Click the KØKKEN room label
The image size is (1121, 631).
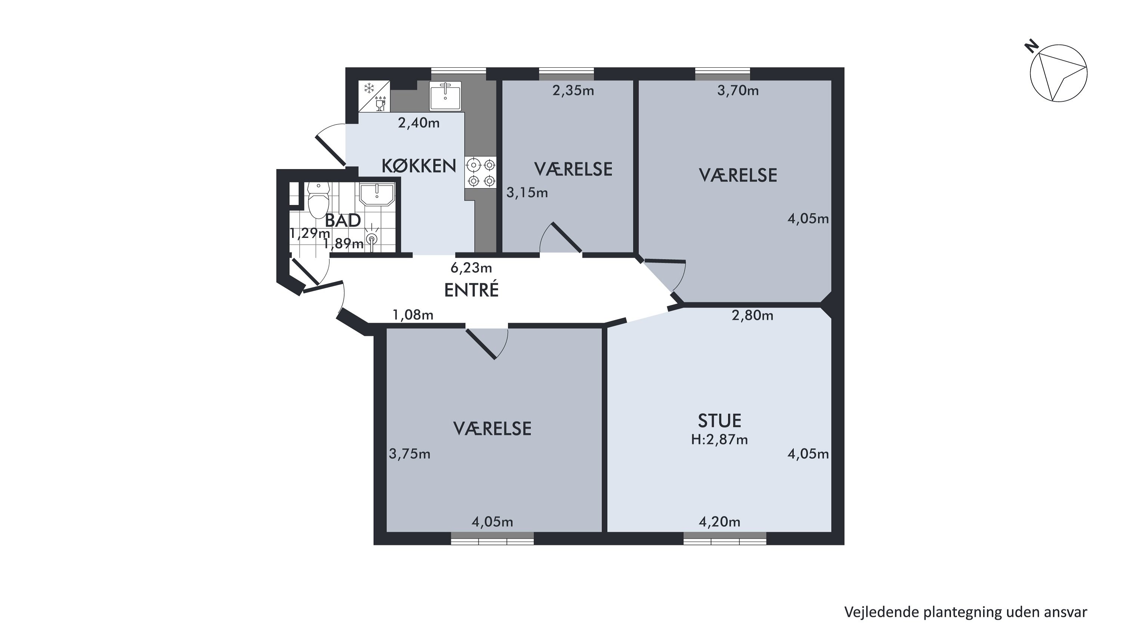point(419,166)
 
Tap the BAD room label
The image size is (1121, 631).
point(343,220)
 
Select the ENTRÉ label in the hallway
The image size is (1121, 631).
point(471,290)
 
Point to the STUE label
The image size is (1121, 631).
point(719,421)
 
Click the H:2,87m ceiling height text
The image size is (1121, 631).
point(719,440)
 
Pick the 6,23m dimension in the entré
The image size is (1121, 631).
point(471,267)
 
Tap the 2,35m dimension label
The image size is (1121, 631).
point(573,91)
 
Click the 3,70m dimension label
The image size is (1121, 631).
point(738,91)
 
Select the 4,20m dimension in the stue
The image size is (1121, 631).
point(719,522)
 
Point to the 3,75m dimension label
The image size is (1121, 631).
point(409,454)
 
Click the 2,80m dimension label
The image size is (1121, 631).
point(753,315)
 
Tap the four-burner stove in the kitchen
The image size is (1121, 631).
point(481,172)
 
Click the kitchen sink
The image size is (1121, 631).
point(445,95)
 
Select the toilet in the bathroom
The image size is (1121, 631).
point(318,199)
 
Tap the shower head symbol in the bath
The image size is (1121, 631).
point(371,238)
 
